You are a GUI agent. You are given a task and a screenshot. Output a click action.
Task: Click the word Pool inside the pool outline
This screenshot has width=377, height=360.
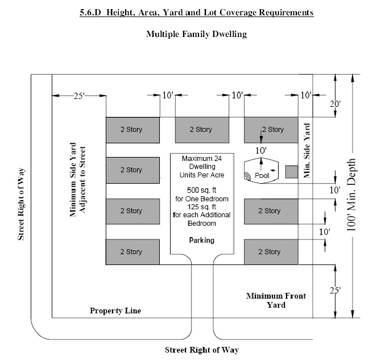pos(262,176)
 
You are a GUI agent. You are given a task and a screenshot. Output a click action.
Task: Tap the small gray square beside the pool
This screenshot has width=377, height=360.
pos(291,172)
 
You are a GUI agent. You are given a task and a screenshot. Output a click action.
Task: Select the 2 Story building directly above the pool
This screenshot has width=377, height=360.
pos(271,130)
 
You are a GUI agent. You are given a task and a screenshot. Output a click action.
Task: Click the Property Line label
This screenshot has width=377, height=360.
pos(115,311)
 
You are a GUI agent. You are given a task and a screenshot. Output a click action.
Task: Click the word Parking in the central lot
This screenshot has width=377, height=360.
pos(202,240)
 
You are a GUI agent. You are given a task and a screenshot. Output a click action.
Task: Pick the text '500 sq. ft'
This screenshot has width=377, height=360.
pos(201,189)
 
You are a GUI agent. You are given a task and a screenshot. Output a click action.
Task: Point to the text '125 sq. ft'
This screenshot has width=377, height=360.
pos(201,207)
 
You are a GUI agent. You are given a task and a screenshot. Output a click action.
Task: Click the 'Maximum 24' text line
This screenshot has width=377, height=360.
pos(201,158)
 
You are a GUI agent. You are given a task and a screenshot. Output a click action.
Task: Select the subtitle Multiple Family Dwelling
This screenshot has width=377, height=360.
pos(196,34)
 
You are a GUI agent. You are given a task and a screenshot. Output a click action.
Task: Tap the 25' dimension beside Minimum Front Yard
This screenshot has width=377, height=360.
pos(337,291)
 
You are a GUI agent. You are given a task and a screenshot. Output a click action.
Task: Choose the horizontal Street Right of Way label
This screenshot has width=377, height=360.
pos(202,349)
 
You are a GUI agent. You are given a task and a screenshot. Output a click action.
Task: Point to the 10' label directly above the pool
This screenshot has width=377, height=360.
pos(260,150)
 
